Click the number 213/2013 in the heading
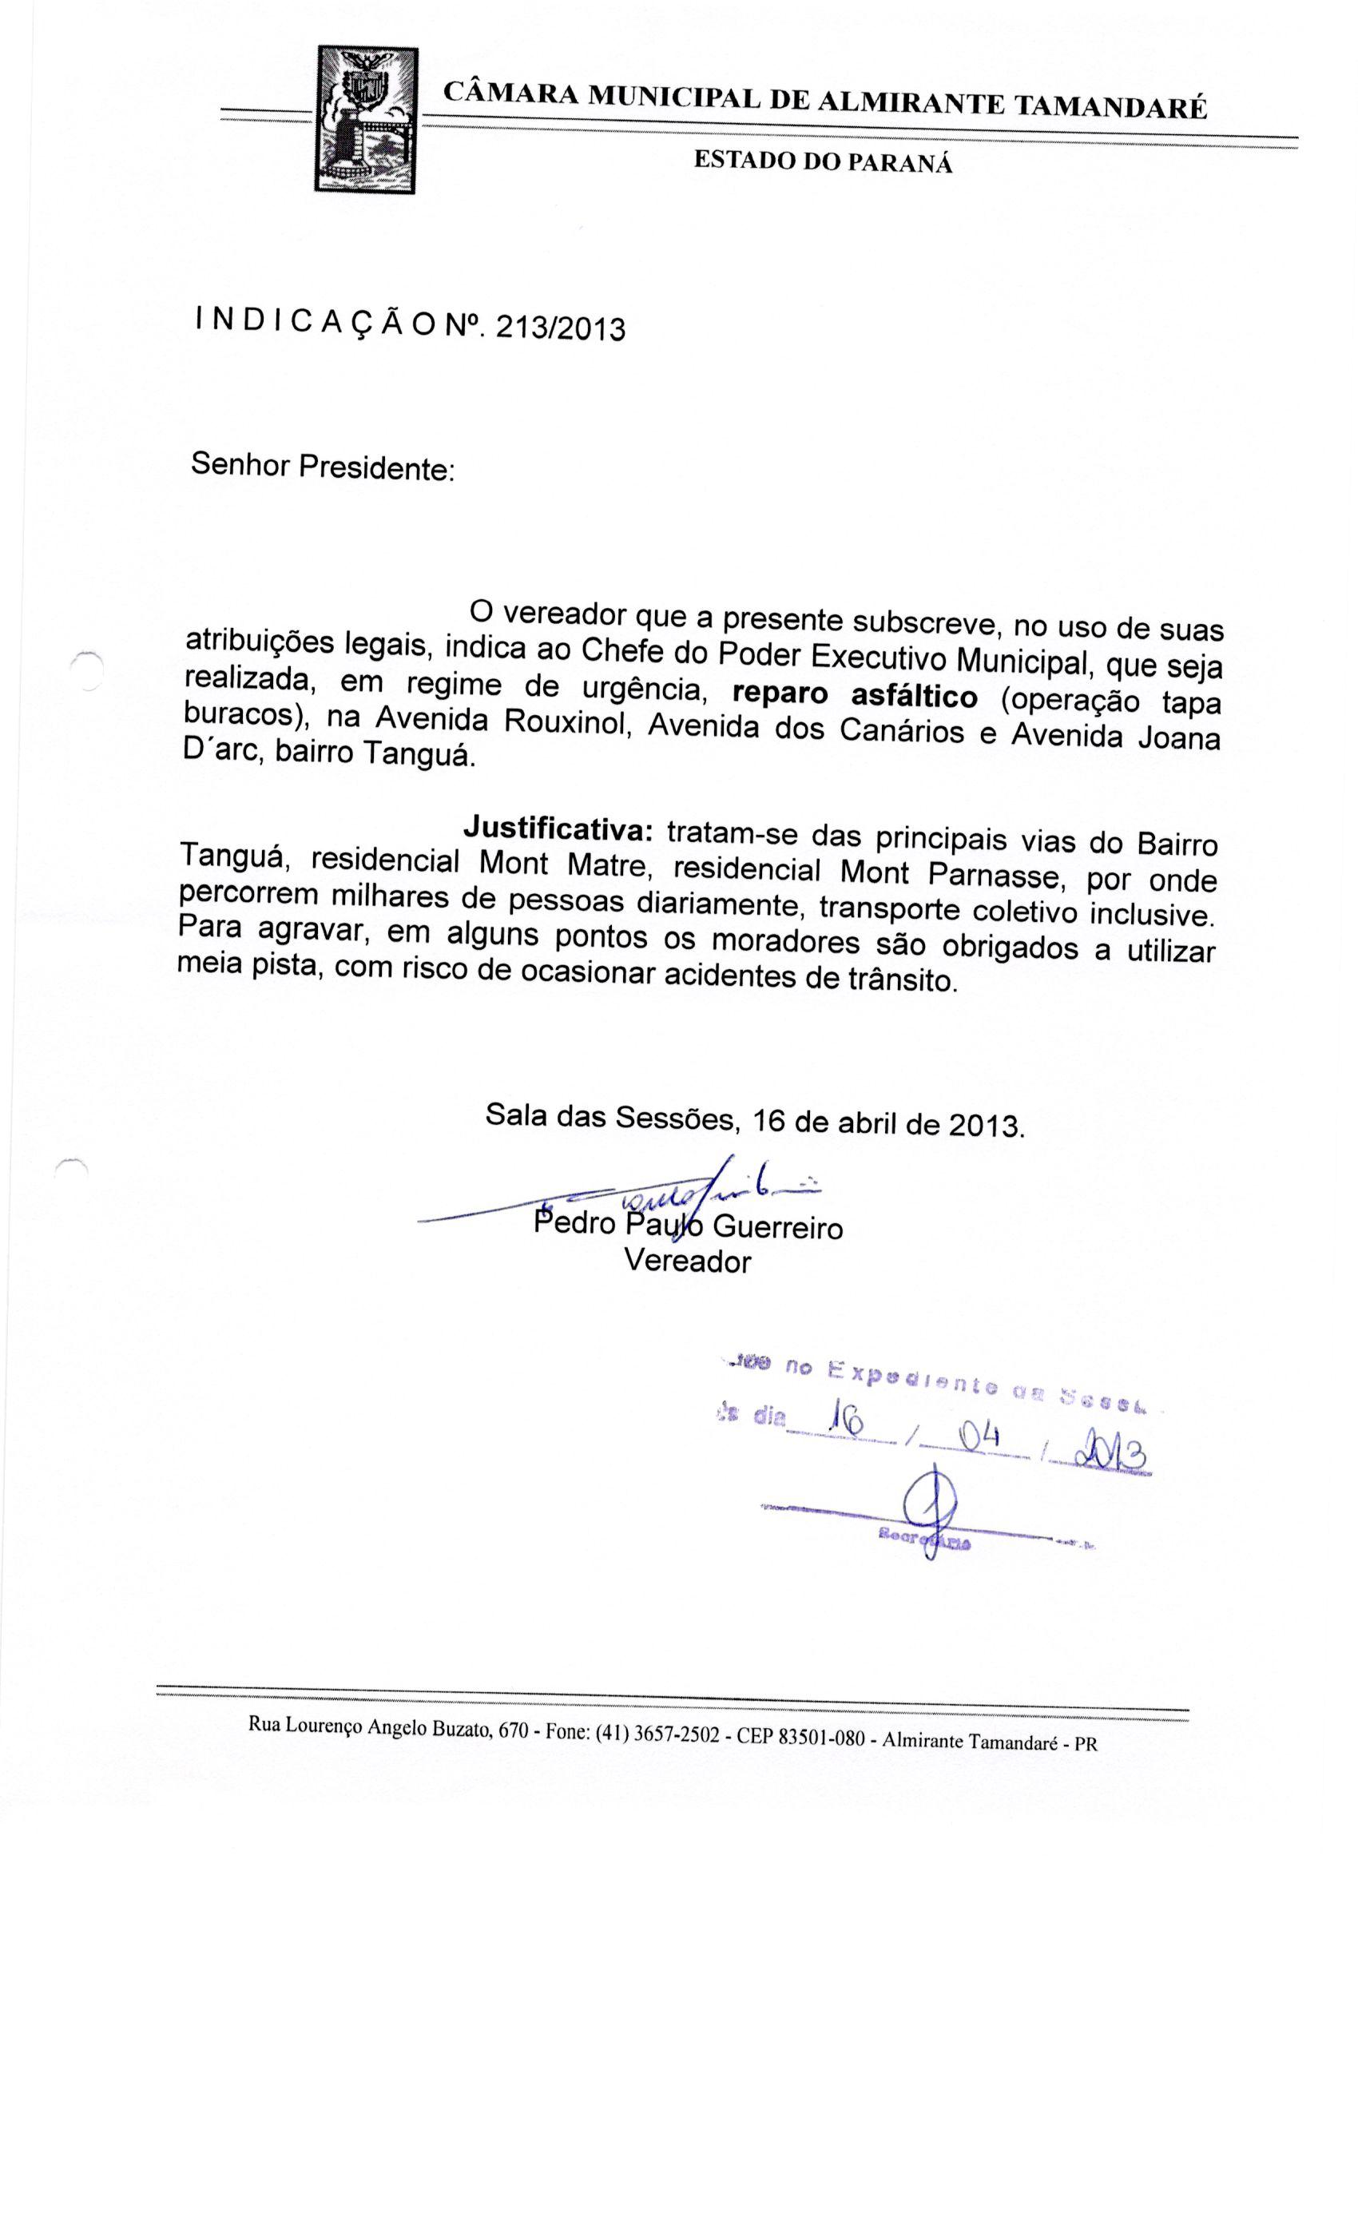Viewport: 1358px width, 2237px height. [x=554, y=326]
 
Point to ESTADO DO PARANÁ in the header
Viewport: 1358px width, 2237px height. [x=824, y=162]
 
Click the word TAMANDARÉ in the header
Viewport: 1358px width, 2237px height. [x=1110, y=108]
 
